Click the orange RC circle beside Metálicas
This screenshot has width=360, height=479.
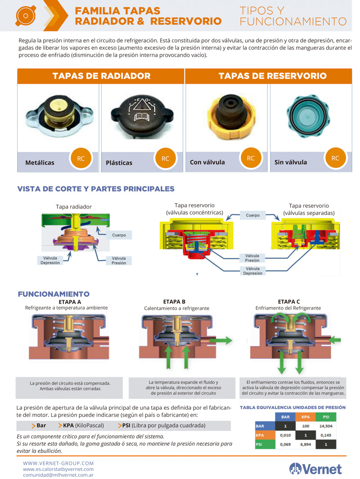click(81, 159)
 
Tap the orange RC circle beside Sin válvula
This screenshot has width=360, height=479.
click(335, 158)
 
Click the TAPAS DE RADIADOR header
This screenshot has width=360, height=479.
click(101, 76)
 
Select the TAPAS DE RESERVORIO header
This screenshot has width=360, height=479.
click(272, 76)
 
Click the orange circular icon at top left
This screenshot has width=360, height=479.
click(25, 16)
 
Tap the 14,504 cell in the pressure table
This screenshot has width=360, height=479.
click(326, 425)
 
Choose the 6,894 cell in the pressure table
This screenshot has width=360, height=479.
click(306, 444)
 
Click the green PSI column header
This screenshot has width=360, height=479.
click(326, 416)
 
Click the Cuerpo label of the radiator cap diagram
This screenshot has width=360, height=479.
click(119, 235)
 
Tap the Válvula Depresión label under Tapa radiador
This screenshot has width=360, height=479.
click(50, 260)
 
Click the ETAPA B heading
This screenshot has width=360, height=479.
click(174, 302)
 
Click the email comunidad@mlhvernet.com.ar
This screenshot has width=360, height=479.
click(58, 475)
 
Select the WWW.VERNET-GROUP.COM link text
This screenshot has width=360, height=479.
click(58, 463)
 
